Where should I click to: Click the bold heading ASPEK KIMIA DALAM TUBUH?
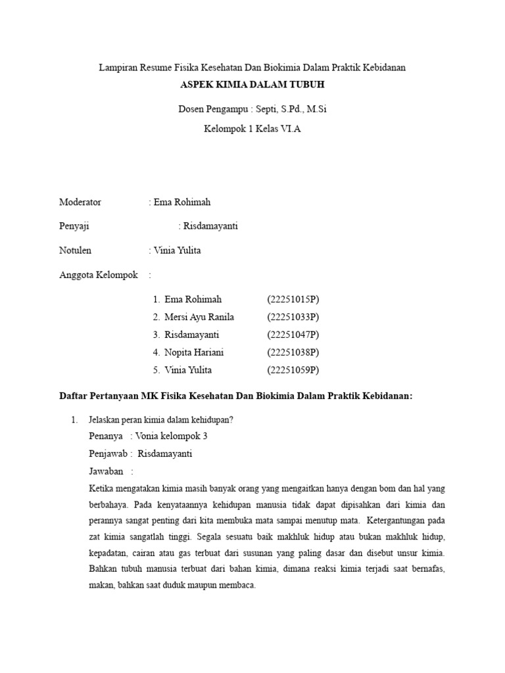pos(252,85)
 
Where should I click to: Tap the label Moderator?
pos(80,202)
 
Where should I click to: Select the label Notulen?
pos(76,250)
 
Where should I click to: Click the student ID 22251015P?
pos(293,299)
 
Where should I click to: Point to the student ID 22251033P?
pos(293,317)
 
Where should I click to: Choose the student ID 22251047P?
pos(293,335)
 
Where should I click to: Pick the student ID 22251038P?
pos(293,352)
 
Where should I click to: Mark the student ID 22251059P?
pos(293,370)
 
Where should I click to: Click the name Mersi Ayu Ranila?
pos(199,317)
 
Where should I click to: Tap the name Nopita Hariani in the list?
pos(194,352)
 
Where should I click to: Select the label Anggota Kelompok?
pos(99,275)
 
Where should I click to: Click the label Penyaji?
pos(74,226)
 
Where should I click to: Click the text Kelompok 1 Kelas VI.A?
pos(252,129)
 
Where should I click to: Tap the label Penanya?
pos(106,436)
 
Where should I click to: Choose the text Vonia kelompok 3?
pos(172,436)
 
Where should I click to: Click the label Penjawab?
pos(108,453)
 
